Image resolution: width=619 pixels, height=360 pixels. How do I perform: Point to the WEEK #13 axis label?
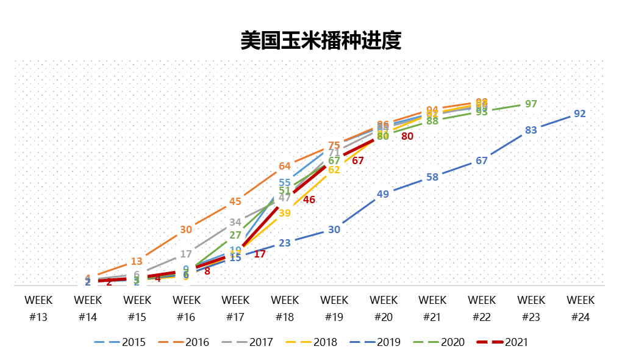click(38, 308)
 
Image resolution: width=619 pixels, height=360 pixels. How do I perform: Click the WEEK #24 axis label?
click(580, 308)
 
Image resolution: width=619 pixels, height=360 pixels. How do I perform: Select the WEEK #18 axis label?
click(285, 308)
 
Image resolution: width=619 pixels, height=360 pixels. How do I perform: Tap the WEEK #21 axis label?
click(432, 308)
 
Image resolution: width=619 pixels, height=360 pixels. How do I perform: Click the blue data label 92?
click(580, 113)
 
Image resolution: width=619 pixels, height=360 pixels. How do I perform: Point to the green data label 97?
click(531, 104)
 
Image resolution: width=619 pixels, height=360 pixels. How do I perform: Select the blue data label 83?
click(531, 130)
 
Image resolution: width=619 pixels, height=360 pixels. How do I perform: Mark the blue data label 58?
click(432, 177)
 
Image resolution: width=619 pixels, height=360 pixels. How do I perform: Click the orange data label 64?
click(285, 166)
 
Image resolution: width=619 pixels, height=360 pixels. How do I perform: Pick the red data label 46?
click(309, 200)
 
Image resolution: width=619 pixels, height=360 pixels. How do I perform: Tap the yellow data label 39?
click(285, 213)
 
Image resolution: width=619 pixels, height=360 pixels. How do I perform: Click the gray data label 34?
click(235, 222)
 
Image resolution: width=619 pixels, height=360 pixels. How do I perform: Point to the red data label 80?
click(407, 136)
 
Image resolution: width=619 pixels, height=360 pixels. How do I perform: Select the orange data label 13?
click(137, 261)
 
